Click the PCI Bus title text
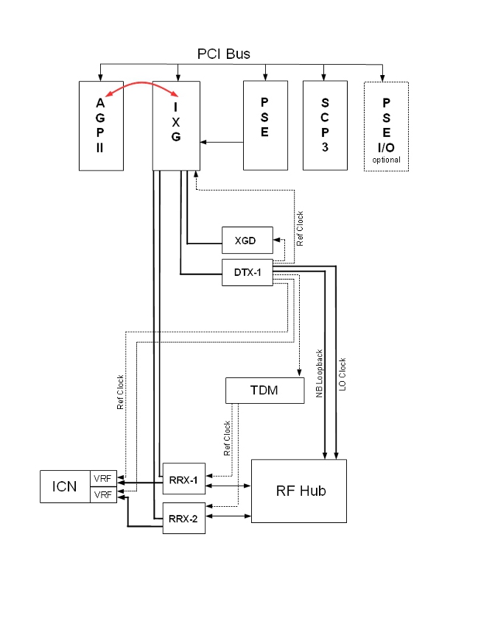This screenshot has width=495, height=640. (223, 54)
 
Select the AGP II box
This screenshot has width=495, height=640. (100, 126)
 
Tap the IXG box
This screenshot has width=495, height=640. (176, 126)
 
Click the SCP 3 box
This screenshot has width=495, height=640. (325, 126)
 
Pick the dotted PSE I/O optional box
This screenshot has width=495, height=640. (386, 126)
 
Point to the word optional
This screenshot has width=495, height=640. (386, 160)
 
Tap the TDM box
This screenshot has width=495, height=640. (264, 391)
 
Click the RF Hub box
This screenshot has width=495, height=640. (299, 491)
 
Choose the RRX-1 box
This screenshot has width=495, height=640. (183, 480)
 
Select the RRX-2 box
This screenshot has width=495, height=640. (183, 519)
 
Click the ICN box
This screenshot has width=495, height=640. (65, 487)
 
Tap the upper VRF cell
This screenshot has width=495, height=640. (102, 479)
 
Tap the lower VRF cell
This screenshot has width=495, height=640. (102, 495)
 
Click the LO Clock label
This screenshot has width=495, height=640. (342, 374)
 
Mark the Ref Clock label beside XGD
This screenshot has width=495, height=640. (300, 228)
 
